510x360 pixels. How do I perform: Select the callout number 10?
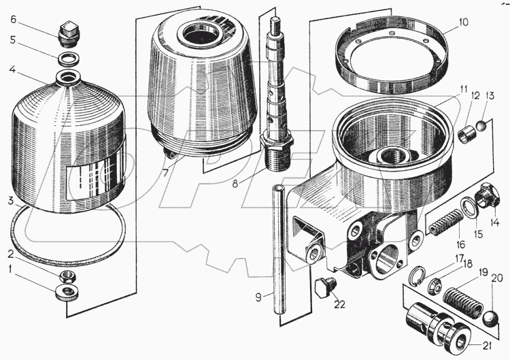463,22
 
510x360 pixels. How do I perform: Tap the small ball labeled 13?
481,125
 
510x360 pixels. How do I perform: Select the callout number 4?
11,69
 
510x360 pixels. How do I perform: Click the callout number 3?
11,200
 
